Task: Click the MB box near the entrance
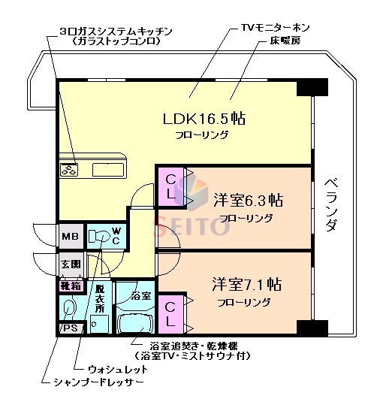click(x=70, y=236)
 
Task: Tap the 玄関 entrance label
click(x=70, y=264)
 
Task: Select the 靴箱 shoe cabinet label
click(x=70, y=286)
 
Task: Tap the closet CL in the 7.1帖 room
click(x=172, y=313)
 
